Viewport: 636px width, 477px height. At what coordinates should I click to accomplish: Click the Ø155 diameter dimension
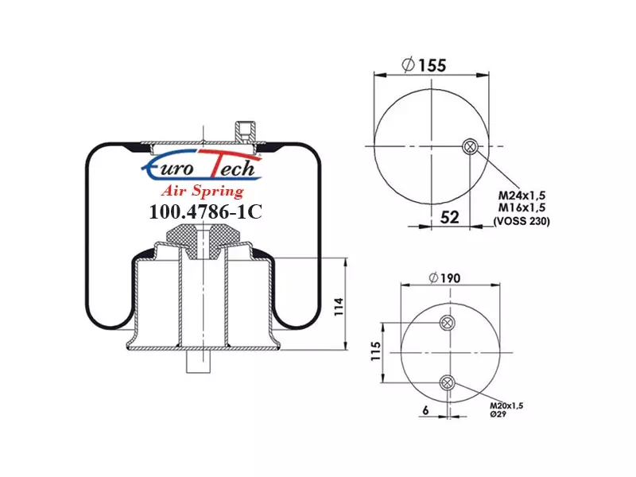click(424, 65)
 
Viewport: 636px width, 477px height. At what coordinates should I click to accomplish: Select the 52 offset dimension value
click(449, 217)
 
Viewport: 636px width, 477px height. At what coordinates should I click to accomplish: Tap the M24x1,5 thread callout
click(522, 195)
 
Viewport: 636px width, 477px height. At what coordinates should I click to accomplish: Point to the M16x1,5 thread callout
click(522, 207)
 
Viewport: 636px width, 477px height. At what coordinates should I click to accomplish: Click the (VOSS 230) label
click(522, 221)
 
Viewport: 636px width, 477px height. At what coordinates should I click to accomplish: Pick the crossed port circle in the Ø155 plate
click(470, 146)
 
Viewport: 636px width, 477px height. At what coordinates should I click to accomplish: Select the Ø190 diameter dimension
click(444, 278)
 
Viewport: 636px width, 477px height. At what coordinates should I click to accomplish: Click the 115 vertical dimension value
click(376, 351)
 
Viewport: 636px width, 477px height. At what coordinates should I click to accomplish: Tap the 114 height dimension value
click(339, 307)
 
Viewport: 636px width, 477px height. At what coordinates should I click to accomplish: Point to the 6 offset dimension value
click(425, 410)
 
